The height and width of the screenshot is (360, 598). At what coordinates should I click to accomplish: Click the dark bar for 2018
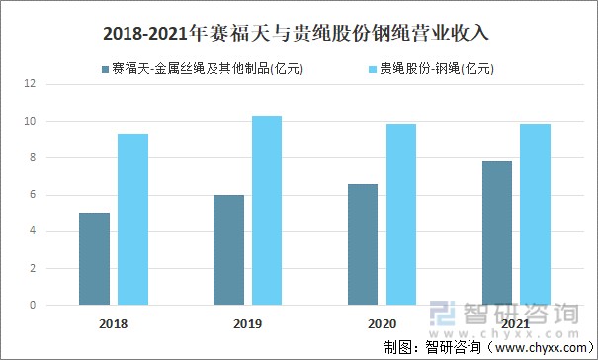(95, 259)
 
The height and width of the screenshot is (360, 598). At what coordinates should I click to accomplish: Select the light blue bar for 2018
(132, 220)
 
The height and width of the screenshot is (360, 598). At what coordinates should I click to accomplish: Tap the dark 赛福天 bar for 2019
(228, 250)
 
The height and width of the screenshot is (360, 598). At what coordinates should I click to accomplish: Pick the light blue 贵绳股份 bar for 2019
(267, 211)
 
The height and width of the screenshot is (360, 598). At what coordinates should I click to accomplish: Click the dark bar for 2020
(363, 244)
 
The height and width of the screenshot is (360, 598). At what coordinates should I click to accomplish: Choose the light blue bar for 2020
(400, 215)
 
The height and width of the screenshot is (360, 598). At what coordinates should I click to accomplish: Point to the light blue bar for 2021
(535, 215)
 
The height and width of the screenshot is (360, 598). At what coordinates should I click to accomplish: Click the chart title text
(298, 34)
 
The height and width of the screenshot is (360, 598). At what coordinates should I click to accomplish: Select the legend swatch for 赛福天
(105, 69)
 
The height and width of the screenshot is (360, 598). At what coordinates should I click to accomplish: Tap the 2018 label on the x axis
(114, 323)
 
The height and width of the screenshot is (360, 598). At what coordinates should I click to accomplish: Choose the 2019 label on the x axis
(247, 323)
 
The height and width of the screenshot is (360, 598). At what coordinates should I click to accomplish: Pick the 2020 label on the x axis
(382, 323)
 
